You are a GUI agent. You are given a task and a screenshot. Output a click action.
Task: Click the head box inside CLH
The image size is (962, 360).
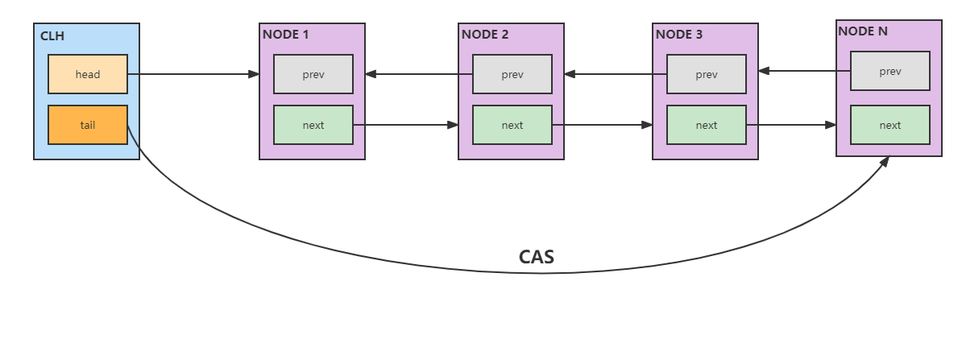(x=88, y=74)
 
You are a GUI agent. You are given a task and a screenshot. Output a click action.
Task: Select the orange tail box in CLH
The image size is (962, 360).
(x=88, y=125)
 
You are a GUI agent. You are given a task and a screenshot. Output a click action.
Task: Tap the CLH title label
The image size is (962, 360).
(x=52, y=35)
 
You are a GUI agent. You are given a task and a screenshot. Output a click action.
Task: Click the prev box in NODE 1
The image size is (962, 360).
(x=313, y=74)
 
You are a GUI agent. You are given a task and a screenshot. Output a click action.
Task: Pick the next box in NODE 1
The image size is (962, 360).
(x=313, y=125)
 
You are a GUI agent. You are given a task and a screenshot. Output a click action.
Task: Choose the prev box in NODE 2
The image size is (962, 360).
(x=512, y=74)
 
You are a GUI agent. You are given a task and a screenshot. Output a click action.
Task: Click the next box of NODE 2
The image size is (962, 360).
(x=512, y=125)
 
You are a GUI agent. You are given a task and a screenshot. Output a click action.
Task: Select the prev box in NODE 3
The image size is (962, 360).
(x=707, y=74)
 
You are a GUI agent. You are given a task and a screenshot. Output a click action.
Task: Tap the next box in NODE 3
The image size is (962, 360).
(x=707, y=125)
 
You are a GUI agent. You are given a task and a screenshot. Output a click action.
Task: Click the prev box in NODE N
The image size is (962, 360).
(x=890, y=71)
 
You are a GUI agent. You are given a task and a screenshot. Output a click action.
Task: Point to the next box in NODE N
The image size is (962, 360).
(x=890, y=125)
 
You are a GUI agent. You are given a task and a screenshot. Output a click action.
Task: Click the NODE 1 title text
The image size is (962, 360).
(x=285, y=34)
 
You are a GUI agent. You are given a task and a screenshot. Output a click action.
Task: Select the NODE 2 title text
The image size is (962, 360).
(x=484, y=34)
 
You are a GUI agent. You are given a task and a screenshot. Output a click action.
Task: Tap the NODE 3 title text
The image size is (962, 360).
(x=678, y=34)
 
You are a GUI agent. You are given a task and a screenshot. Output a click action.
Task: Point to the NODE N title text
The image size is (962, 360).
(x=864, y=31)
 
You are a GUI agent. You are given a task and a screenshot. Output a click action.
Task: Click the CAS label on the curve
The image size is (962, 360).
(x=536, y=257)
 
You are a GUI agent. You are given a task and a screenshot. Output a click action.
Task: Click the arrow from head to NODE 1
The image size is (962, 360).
(x=193, y=74)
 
